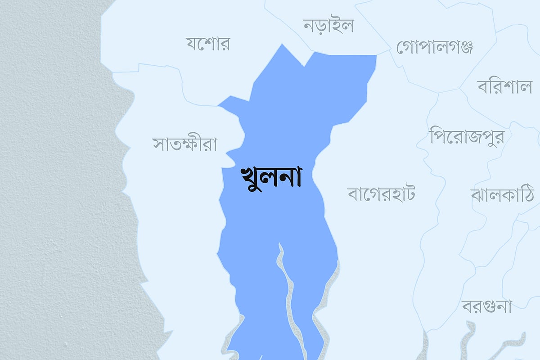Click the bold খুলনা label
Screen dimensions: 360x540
point(271,178)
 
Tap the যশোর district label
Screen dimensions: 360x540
point(208,44)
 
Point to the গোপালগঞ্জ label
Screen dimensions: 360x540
point(435,47)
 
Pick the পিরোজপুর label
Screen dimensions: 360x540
point(467,136)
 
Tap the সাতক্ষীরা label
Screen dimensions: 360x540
point(185,145)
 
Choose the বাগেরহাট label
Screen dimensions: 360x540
point(381,194)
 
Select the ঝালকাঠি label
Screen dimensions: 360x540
point(502,195)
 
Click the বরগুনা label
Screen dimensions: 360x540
point(487,307)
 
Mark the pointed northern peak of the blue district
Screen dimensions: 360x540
point(282,45)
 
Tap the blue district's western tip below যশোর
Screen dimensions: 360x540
point(219,106)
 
